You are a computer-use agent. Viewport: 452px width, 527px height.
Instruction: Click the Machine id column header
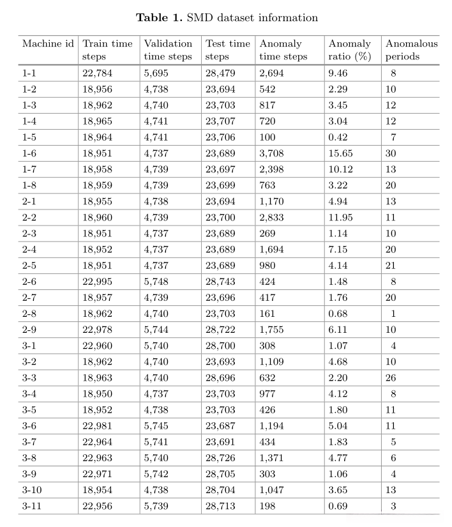(x=48, y=44)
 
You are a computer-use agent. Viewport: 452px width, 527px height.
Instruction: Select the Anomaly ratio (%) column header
(x=349, y=50)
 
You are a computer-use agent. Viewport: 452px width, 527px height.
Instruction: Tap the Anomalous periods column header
(x=411, y=50)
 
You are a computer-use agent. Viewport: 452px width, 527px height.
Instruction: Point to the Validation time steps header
(x=168, y=50)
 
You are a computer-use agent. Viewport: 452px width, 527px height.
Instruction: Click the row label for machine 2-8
(x=29, y=314)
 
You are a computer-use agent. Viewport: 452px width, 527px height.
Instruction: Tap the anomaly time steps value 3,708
(x=271, y=153)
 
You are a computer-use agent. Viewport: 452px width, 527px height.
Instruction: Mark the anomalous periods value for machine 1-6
(x=390, y=153)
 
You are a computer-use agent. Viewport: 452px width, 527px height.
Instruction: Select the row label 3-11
(x=32, y=507)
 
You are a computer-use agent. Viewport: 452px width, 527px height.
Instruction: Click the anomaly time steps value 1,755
(x=271, y=330)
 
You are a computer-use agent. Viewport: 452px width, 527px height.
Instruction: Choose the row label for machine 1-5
(x=29, y=137)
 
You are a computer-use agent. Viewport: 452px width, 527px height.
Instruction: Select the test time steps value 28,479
(x=220, y=73)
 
